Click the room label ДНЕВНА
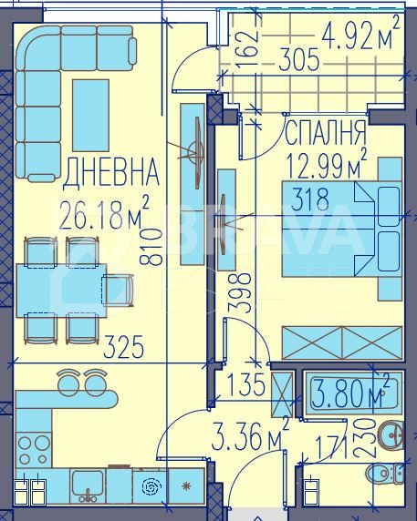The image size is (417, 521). [111, 170]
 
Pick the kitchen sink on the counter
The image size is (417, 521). [89, 485]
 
